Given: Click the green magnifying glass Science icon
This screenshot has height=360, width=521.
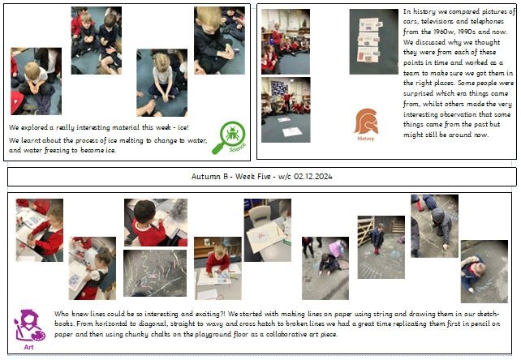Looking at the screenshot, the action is tap(230, 138).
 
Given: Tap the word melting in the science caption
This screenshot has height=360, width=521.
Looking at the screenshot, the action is tap(131, 140).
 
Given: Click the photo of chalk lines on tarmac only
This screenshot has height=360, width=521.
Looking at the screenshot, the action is tap(155, 273).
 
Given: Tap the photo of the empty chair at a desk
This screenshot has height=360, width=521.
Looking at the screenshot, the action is tap(268, 230).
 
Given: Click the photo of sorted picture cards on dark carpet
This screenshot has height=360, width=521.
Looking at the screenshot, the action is tap(374, 41).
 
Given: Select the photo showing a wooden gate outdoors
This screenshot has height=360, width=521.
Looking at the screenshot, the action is tap(381, 247).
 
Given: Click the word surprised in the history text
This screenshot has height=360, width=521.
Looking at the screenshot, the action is tap(418, 94).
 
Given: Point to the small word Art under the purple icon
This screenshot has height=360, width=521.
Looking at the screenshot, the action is tap(29, 347).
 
